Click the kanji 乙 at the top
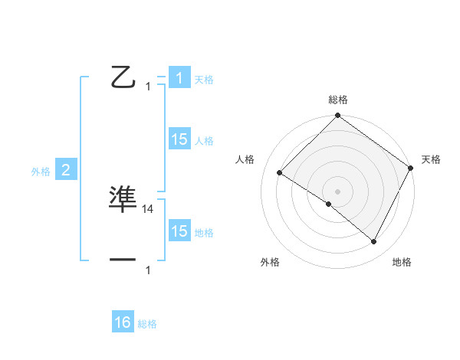pos(123,77)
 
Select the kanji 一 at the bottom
pos(123,260)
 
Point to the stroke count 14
pos(148,208)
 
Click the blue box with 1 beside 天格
pos(179,78)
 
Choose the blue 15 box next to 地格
pos(179,231)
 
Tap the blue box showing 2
pos(66,170)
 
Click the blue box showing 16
pos(123,322)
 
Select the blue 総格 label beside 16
pos(147,324)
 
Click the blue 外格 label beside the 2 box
pos(41,172)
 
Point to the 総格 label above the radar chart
pos(337,100)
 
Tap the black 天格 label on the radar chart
pos(431,159)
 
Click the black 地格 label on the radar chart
pos(402,262)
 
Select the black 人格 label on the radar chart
pos(245,159)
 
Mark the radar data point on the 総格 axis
pos(337,116)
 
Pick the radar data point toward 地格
pos(374,242)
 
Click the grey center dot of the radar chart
pos(337,191)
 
